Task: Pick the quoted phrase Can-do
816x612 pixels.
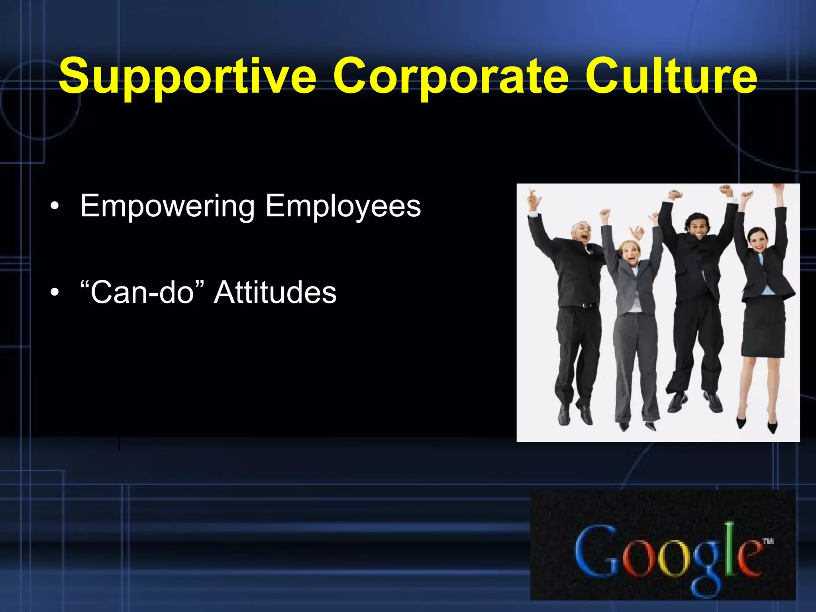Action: [142, 292]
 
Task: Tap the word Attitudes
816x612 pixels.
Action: [275, 292]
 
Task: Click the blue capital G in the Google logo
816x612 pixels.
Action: [594, 552]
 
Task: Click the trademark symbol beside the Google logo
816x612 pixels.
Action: [768, 541]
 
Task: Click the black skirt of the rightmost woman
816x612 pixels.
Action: [762, 327]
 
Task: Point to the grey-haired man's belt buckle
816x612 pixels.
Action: [585, 305]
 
